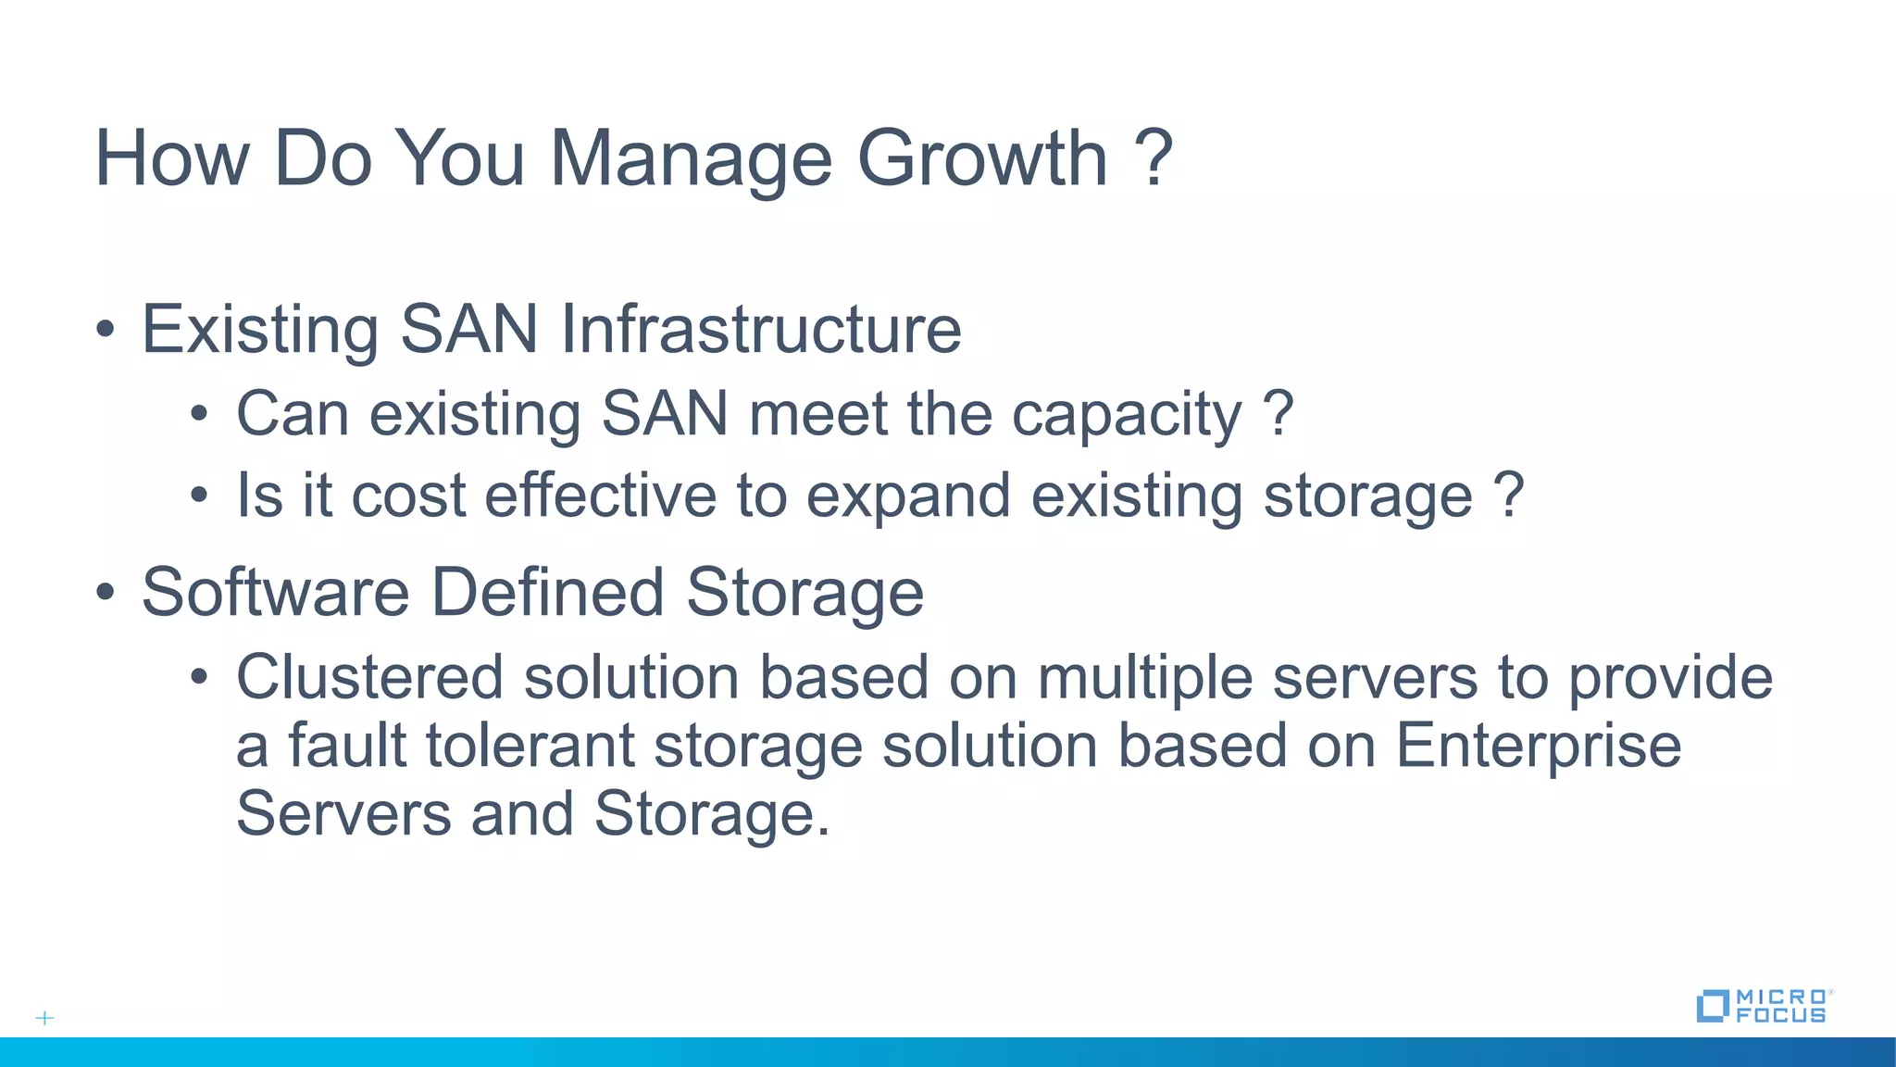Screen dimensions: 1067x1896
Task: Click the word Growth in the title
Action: (x=982, y=158)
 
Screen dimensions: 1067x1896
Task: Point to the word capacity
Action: (x=1127, y=415)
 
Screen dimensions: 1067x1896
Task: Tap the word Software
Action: (x=275, y=592)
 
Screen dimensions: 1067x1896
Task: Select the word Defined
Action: (x=548, y=592)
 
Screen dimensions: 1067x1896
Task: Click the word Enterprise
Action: (x=1538, y=747)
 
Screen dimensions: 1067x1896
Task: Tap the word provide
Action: (x=1670, y=678)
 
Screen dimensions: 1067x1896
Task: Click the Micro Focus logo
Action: (x=1765, y=1006)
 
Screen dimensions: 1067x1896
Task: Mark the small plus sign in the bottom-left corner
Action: (x=44, y=1018)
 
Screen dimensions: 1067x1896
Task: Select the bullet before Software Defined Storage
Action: (x=106, y=592)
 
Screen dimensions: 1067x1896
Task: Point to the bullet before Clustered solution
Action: (x=200, y=677)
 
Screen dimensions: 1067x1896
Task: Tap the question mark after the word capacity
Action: (x=1279, y=413)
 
